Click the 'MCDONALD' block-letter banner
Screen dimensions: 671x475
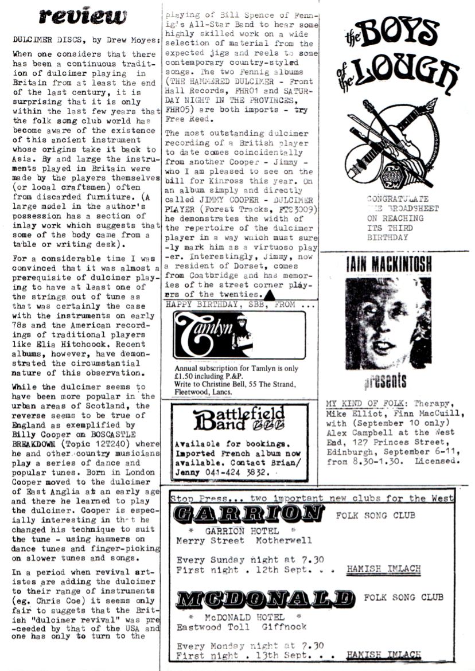coord(265,599)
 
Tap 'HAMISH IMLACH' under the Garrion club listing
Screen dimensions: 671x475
coord(384,570)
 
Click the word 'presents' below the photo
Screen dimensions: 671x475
coord(386,383)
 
